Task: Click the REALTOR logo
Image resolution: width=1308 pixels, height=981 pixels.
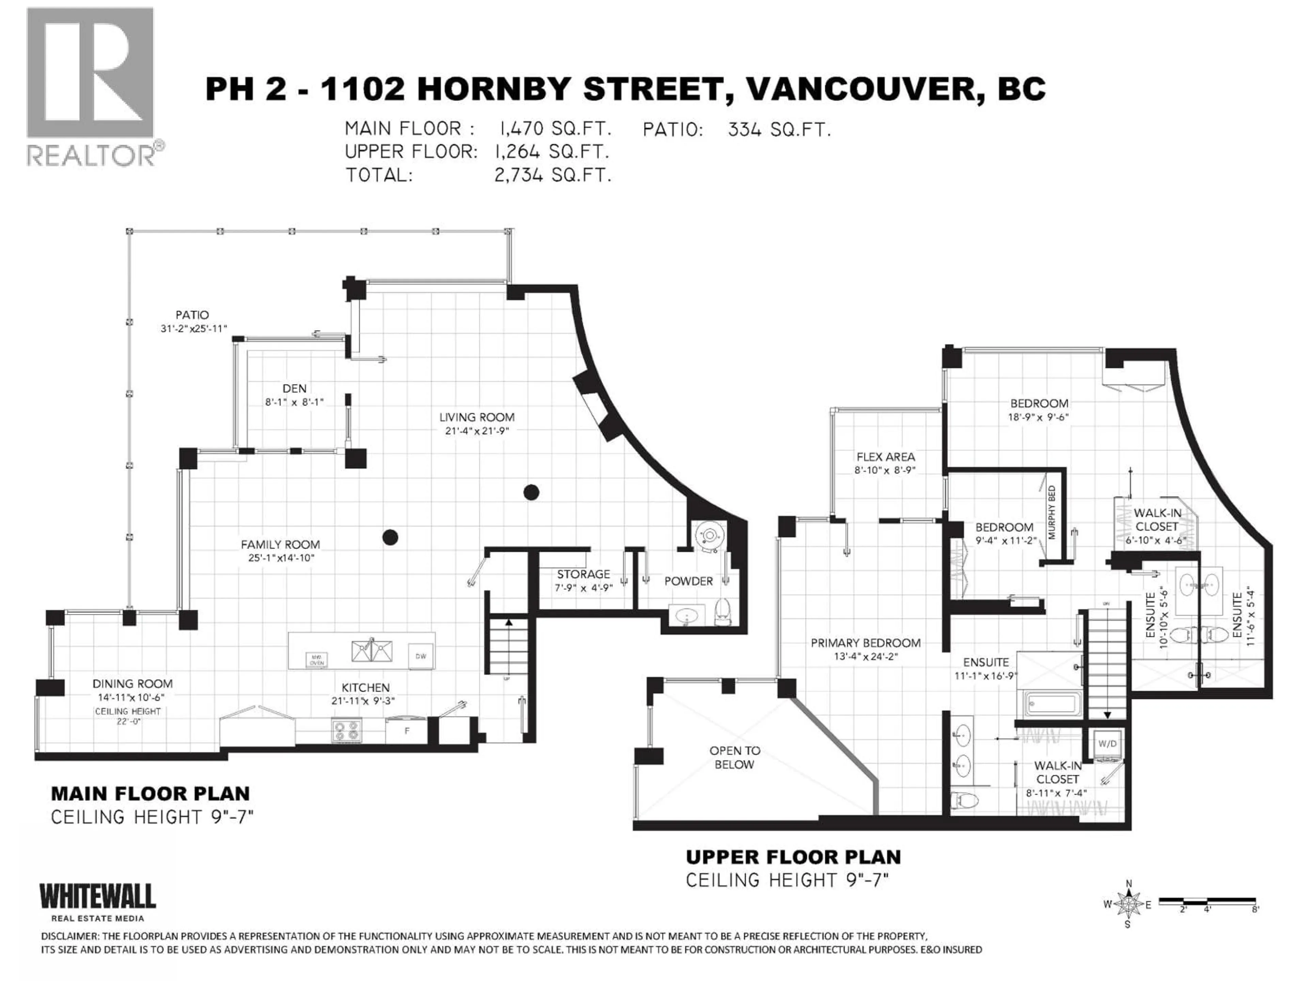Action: (x=92, y=86)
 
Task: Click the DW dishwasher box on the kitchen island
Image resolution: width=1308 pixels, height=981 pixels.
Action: (x=420, y=656)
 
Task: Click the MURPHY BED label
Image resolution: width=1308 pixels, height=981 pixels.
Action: (x=1052, y=512)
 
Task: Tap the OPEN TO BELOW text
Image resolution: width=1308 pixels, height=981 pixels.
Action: (x=734, y=758)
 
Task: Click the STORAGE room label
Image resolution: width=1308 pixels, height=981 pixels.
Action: (x=583, y=574)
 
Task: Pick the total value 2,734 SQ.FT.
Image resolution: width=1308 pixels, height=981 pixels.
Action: (x=552, y=175)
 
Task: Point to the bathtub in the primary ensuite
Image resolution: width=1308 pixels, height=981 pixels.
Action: (x=1054, y=704)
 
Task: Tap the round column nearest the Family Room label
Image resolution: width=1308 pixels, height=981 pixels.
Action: (x=390, y=538)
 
